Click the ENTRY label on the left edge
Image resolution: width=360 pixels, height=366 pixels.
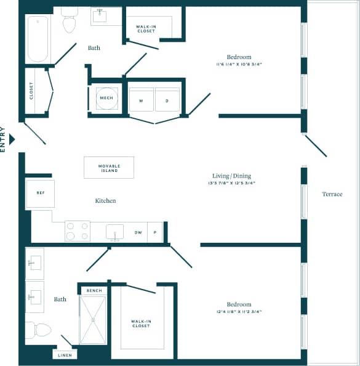pyautogui.click(x=4, y=139)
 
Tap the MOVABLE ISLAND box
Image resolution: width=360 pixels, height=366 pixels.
pyautogui.click(x=109, y=168)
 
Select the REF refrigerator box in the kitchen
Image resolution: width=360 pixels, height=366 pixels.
pyautogui.click(x=41, y=193)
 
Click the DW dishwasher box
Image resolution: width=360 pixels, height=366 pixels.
pyautogui.click(x=138, y=233)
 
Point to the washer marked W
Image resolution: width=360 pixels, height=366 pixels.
pyautogui.click(x=141, y=100)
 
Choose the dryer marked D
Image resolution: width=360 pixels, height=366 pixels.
pyautogui.click(x=167, y=100)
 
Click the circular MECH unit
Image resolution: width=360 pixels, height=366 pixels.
pyautogui.click(x=106, y=98)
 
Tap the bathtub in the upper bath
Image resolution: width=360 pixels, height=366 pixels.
pyautogui.click(x=38, y=38)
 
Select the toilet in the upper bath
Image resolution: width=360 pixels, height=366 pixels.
pyautogui.click(x=69, y=22)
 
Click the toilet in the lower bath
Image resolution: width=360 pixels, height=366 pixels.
pyautogui.click(x=39, y=330)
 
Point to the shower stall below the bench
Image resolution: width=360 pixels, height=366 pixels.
pyautogui.click(x=93, y=320)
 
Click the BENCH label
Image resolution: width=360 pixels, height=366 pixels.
pyautogui.click(x=94, y=290)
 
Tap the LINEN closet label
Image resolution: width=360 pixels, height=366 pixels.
pyautogui.click(x=64, y=356)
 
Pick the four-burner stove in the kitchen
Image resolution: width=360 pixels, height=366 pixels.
pyautogui.click(x=78, y=231)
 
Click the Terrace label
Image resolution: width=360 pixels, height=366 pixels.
pyautogui.click(x=332, y=194)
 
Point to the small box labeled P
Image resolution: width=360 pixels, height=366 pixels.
pyautogui.click(x=155, y=233)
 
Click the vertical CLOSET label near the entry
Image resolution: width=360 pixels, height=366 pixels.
pyautogui.click(x=31, y=91)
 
